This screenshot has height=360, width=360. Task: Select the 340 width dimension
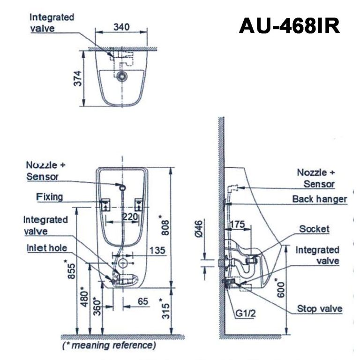point(122,27)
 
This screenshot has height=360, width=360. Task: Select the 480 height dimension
point(85,296)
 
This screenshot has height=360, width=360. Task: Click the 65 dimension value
point(142,302)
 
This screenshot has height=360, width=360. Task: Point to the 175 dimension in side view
point(238,225)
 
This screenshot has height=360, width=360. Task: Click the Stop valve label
point(319,308)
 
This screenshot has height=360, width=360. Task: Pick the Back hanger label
point(319,199)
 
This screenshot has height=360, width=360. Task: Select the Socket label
point(314,229)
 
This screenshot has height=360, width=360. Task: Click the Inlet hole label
point(45,248)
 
